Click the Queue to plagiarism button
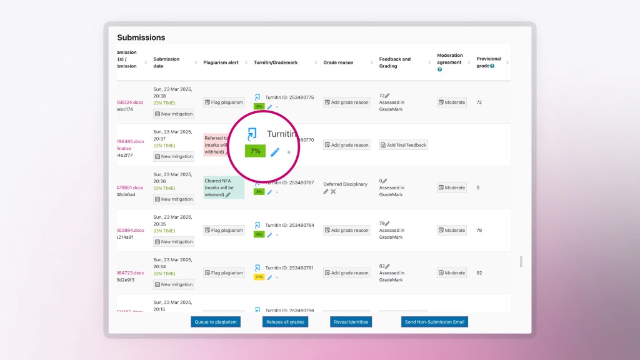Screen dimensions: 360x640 click(216, 322)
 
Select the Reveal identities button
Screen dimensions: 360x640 click(351, 322)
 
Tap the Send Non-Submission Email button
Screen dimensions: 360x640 click(435, 322)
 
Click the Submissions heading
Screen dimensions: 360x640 click(141, 37)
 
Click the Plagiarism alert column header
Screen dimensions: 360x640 click(221, 62)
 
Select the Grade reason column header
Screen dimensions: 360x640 click(338, 62)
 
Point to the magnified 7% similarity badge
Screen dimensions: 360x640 click(255, 151)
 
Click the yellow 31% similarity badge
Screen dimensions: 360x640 click(259, 277)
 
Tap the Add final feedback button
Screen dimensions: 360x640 click(404, 145)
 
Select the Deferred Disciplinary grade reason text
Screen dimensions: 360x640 click(345, 184)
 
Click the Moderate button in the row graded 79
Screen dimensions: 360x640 click(452, 230)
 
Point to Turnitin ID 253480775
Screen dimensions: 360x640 click(289, 97)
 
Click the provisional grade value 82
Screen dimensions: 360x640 click(479, 272)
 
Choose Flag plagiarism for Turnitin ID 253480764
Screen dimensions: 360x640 click(224, 230)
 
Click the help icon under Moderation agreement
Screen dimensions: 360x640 click(440, 69)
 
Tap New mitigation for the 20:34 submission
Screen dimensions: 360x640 click(174, 284)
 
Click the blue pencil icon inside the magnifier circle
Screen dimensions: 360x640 click(274, 152)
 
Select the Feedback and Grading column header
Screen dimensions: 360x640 click(395, 62)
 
